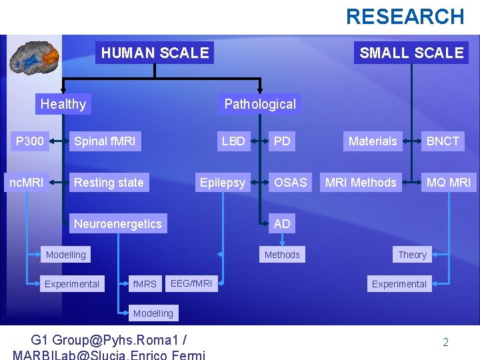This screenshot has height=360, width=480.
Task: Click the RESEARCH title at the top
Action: [405, 16]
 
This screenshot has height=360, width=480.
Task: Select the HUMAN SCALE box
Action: [155, 53]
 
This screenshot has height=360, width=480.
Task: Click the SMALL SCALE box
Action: [411, 53]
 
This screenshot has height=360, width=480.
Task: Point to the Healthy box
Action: [63, 104]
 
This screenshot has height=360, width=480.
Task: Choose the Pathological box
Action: [260, 104]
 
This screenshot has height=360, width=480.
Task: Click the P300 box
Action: [30, 141]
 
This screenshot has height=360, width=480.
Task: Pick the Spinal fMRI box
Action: [105, 141]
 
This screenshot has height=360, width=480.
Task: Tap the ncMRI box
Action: [26, 182]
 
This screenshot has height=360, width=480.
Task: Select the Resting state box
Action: [109, 182]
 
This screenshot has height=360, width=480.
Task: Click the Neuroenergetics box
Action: [118, 223]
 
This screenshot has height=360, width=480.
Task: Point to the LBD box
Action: [233, 141]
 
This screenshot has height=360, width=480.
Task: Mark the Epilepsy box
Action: [223, 182]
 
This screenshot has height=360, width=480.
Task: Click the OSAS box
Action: [291, 182]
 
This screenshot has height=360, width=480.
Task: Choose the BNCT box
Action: [443, 141]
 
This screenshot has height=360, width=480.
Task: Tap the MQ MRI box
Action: [449, 182]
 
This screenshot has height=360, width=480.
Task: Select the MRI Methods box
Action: [361, 182]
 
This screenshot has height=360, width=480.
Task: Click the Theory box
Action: [412, 255]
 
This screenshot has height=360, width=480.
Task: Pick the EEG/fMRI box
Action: [191, 284]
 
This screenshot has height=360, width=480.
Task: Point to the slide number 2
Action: [445, 343]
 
